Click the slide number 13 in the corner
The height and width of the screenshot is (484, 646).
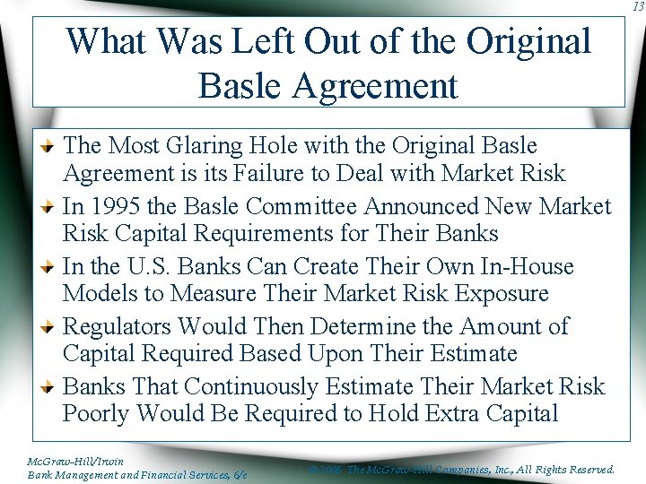[637, 7]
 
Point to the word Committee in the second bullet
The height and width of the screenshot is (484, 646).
[302, 206]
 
